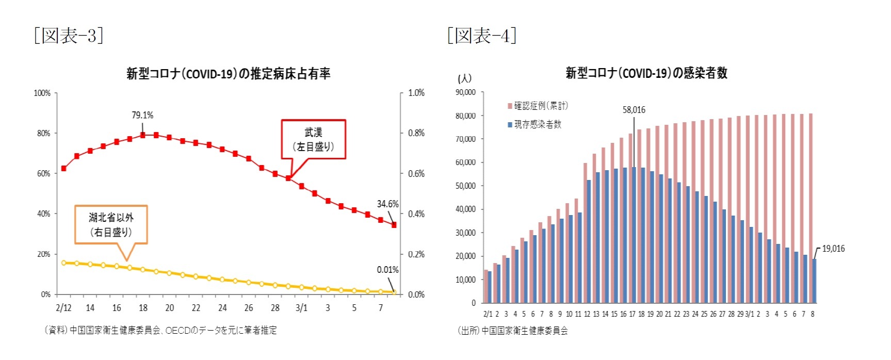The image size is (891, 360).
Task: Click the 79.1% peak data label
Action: [142, 115]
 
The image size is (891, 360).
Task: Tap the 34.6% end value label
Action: [387, 204]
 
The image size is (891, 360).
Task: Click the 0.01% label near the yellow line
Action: [387, 270]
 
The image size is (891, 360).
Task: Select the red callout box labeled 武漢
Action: [313, 139]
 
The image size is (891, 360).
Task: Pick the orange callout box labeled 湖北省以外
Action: [111, 224]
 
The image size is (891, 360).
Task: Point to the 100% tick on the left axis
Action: [42, 93]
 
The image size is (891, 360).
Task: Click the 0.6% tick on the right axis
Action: [416, 173]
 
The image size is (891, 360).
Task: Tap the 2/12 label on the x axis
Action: [63, 308]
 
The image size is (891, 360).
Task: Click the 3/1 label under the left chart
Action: [301, 308]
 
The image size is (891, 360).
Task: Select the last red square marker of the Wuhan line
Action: [394, 225]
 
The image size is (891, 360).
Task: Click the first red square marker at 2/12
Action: [64, 169]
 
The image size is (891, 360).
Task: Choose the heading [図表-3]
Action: [69, 36]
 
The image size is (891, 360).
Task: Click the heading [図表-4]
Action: [482, 36]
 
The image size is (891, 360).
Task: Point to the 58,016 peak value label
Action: [634, 110]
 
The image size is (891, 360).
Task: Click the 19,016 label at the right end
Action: [833, 249]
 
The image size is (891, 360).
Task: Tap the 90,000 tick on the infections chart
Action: [465, 92]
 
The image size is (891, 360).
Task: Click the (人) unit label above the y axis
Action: [464, 78]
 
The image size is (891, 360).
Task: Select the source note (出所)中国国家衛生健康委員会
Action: [513, 331]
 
